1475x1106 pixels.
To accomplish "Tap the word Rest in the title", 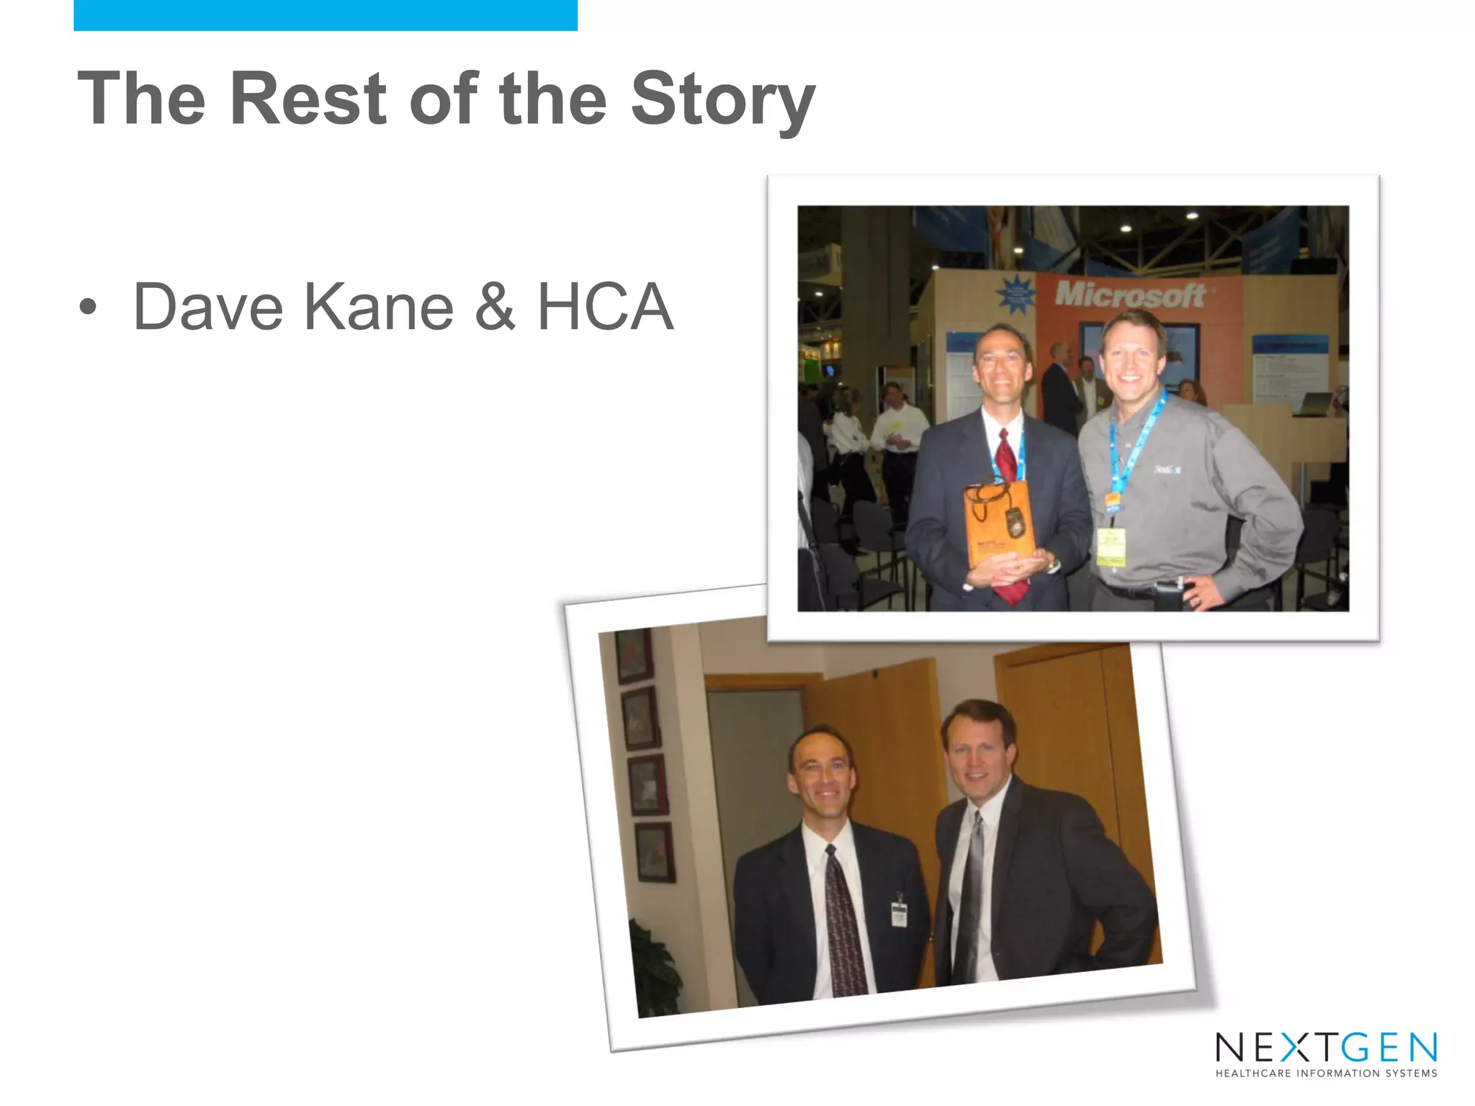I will tap(308, 99).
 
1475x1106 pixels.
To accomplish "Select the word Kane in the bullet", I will tap(379, 307).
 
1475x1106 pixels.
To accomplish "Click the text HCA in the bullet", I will tap(605, 307).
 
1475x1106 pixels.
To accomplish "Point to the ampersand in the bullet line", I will tap(496, 307).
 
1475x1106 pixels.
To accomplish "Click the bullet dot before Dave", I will tap(88, 308).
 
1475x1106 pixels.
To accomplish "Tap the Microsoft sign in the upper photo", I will tap(1129, 295).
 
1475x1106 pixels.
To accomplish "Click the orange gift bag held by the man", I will tap(1000, 522).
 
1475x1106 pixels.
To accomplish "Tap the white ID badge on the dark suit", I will tap(898, 914).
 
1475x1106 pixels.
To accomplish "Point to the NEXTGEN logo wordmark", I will tap(1326, 1048).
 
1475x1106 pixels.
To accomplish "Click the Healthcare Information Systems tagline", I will tap(1326, 1074).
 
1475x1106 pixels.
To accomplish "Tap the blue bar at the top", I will tap(325, 15).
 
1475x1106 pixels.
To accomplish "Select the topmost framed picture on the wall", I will tap(635, 655).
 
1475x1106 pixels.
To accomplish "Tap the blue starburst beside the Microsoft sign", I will tap(1016, 295).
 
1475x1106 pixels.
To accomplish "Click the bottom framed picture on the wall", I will tap(655, 853).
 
